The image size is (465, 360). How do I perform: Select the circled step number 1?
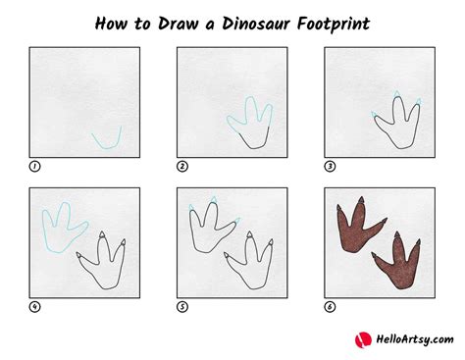tap(34, 167)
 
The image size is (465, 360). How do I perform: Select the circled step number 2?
tap(181, 167)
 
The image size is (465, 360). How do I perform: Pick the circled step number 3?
tap(329, 167)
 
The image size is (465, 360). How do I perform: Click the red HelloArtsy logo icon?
tap(360, 339)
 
